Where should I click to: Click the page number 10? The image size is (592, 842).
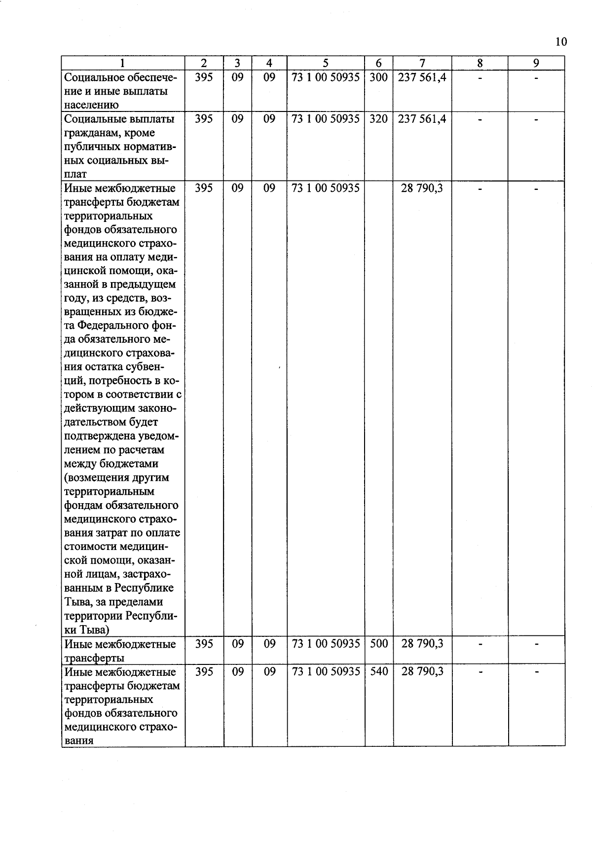561,41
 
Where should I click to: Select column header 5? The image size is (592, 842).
326,63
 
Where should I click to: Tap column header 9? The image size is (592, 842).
536,63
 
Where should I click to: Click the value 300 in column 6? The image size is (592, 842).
378,77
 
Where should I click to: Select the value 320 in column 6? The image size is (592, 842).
378,119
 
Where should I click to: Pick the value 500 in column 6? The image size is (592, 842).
379,644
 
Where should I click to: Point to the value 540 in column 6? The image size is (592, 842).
379,671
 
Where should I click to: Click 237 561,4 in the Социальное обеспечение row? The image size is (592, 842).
422,77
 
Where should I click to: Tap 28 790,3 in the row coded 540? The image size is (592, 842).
422,671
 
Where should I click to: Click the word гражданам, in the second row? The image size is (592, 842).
87,133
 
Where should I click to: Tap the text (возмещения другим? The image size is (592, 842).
116,477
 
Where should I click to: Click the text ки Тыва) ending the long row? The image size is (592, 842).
87,630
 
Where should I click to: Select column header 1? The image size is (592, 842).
122,63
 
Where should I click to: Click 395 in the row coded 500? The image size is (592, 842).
204,644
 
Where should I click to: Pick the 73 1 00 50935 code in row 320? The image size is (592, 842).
326,119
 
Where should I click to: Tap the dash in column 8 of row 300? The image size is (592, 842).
480,78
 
